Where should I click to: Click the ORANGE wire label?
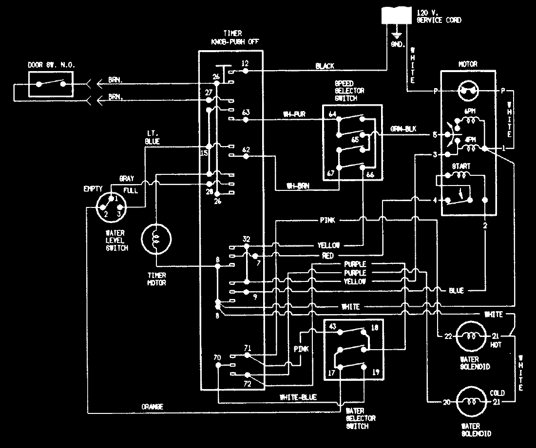click(x=152, y=406)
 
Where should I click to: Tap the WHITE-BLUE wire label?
click(x=298, y=397)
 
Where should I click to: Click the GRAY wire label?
click(x=126, y=179)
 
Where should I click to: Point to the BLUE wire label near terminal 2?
click(x=456, y=291)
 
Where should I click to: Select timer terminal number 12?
click(x=245, y=64)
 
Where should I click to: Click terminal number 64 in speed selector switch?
click(x=333, y=115)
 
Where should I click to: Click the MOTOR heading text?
click(x=468, y=64)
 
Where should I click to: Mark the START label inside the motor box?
click(x=460, y=166)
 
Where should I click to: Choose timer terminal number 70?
click(x=217, y=357)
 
